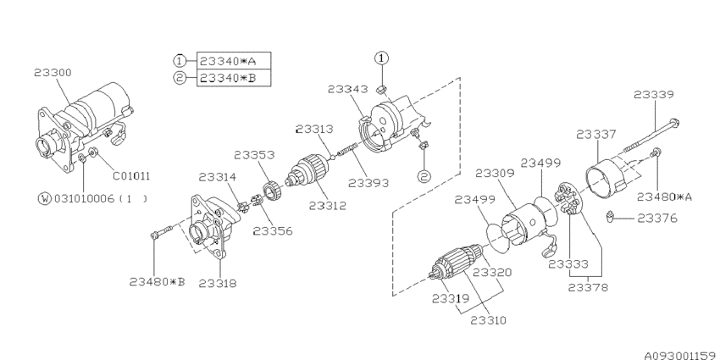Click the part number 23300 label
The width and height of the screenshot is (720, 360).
click(53, 73)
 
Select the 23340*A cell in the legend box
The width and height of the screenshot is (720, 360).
click(234, 61)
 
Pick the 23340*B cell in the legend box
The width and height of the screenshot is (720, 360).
click(234, 78)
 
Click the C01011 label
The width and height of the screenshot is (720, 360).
click(131, 176)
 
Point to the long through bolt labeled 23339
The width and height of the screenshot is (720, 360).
click(651, 136)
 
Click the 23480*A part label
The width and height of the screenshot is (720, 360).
click(664, 197)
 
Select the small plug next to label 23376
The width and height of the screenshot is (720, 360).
click(610, 216)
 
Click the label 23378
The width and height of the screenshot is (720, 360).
click(588, 288)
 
